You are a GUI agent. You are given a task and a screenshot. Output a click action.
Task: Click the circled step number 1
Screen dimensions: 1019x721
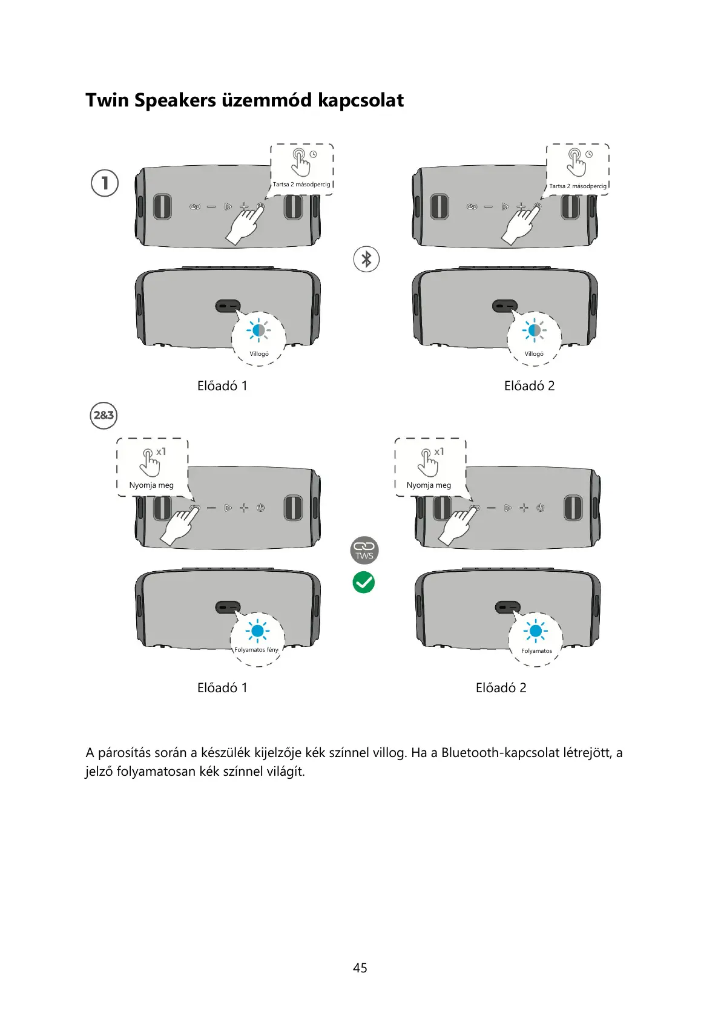click(x=105, y=183)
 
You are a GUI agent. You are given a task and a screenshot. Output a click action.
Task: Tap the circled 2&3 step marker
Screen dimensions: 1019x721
click(x=104, y=416)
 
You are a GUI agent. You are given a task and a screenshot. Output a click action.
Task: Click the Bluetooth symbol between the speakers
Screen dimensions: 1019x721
click(x=366, y=259)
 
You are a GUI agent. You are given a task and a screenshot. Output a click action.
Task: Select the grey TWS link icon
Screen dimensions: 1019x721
click(x=364, y=549)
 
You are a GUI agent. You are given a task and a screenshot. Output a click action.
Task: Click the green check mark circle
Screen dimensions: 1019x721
click(x=364, y=582)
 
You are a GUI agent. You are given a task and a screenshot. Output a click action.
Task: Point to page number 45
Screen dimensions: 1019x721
click(x=360, y=968)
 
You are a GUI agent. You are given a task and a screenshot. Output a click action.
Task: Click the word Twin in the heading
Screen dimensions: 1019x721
click(x=108, y=100)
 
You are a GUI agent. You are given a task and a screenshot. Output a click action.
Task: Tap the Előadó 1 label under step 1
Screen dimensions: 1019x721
click(x=222, y=386)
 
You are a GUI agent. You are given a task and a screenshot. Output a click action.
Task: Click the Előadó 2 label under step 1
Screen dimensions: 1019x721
click(x=529, y=386)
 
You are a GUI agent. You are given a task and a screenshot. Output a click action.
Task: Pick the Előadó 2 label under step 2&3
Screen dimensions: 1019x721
click(x=501, y=688)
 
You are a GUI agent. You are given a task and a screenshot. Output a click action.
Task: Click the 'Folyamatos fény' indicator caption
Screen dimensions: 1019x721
click(x=257, y=650)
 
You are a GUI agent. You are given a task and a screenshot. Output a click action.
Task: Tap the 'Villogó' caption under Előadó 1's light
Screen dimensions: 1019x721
click(x=259, y=354)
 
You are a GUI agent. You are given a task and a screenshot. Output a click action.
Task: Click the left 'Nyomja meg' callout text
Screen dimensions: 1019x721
click(x=151, y=485)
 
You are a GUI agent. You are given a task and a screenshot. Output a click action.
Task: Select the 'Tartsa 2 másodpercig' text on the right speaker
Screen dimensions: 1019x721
click(x=578, y=186)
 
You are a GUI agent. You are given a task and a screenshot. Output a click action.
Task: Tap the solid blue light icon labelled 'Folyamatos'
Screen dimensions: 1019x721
click(x=535, y=632)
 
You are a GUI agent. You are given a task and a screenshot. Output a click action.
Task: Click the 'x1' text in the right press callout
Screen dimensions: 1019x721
click(x=439, y=452)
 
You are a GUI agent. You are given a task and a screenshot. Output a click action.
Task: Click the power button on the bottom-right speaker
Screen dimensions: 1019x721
click(x=540, y=508)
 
